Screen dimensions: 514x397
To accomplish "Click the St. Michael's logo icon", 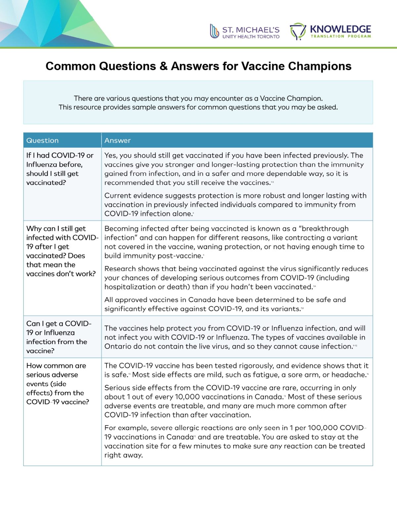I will coord(214,31).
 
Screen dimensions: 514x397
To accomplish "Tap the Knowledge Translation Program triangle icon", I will coord(298,31).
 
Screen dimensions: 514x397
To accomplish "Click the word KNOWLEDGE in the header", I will coord(340,29).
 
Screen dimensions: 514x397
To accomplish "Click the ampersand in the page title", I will coord(163,66).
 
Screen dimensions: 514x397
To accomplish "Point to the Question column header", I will coord(42,140).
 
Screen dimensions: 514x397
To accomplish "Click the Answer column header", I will coord(117,140).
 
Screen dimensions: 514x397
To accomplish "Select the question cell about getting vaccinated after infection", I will coord(60,169).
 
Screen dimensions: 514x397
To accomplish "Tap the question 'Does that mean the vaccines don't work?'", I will coord(61,265).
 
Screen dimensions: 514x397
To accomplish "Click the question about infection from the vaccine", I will coord(59,337).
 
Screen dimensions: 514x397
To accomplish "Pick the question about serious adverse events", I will coord(58,384).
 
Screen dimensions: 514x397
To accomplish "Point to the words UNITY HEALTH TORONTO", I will coord(251,37).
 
